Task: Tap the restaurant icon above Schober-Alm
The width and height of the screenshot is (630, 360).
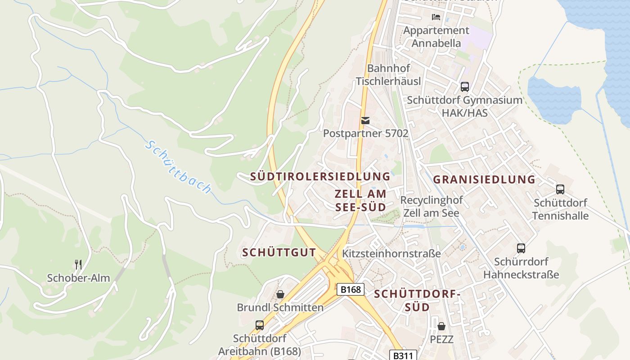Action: (78, 264)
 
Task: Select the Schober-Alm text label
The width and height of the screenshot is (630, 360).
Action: (78, 278)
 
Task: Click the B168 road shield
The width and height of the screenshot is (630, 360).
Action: (351, 289)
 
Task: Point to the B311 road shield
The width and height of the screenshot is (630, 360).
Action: (402, 355)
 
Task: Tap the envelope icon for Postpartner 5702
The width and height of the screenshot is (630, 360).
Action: (365, 121)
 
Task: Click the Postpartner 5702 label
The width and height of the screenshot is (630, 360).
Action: (365, 134)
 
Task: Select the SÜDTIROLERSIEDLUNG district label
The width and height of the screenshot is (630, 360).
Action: (320, 176)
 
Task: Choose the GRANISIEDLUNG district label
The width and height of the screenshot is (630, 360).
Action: (484, 180)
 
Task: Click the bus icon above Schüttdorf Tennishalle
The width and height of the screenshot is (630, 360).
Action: (560, 189)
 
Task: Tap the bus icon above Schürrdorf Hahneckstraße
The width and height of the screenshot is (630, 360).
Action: (521, 248)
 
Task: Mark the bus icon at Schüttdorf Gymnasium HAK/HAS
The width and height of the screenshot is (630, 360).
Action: (464, 86)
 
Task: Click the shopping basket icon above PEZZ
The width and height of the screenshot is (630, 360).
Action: (441, 326)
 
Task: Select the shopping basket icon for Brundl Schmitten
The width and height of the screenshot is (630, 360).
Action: (280, 294)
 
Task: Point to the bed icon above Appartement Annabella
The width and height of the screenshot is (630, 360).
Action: (436, 17)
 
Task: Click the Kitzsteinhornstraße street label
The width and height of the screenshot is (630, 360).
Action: (391, 253)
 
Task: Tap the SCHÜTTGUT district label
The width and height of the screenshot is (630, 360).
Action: (279, 252)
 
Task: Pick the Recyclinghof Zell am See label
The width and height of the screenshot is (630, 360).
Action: (431, 206)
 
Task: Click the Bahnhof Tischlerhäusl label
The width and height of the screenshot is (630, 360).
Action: (388, 75)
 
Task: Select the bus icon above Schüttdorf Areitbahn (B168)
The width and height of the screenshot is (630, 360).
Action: (259, 325)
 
